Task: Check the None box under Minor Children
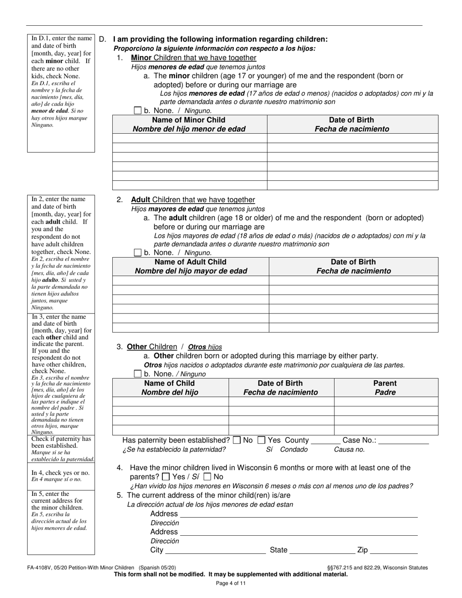(x=138, y=111)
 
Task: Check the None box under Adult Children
(x=138, y=253)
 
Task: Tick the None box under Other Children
(x=138, y=374)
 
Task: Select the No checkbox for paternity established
(x=237, y=440)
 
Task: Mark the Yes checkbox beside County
(x=261, y=440)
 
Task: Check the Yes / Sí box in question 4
(x=166, y=477)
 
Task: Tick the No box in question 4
(x=208, y=477)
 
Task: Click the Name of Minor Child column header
(x=189, y=124)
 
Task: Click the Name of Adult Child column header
(x=191, y=266)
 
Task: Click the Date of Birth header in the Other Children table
(x=281, y=387)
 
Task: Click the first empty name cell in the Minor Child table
(x=190, y=138)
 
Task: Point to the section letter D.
(x=102, y=39)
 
